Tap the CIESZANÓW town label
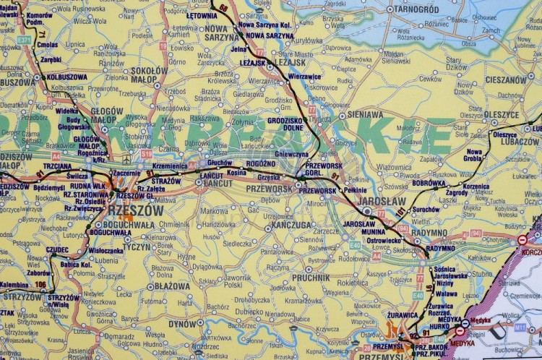505,80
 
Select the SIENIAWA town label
365,114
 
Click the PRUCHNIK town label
311,277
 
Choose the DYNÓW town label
183,324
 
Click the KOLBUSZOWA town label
66,77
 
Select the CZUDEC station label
57,249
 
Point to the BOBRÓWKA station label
429,184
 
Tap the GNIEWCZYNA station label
291,154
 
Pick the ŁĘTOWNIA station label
202,15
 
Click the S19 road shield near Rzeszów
147,154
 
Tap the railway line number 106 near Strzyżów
40,284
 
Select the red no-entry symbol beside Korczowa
522,240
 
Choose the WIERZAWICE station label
304,76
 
